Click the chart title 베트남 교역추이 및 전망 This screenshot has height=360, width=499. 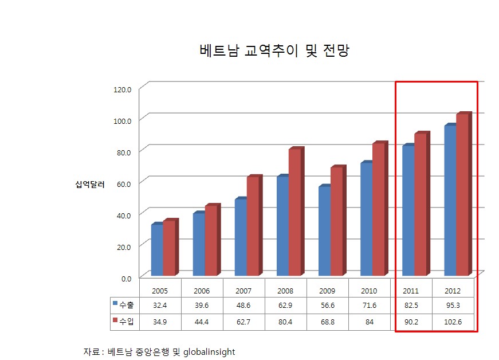tap(274, 50)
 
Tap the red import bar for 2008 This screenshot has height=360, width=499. tap(294, 212)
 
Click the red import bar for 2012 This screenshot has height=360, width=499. tap(462, 195)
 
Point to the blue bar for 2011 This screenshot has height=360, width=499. tap(408, 210)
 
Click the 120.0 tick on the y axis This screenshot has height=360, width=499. tap(123, 89)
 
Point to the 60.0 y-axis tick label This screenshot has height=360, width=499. tap(123, 183)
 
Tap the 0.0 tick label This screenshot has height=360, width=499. tap(125, 277)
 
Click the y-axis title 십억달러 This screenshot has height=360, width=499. tap(89, 184)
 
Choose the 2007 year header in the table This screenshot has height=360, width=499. tap(243, 291)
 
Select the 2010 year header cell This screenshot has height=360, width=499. tap(369, 291)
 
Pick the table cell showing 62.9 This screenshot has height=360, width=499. tap(285, 306)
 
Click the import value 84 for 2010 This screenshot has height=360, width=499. tap(369, 322)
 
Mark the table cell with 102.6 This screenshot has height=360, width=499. tap(453, 322)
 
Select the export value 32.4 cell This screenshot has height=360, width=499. tap(160, 306)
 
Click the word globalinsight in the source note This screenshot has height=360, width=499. tap(209, 351)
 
